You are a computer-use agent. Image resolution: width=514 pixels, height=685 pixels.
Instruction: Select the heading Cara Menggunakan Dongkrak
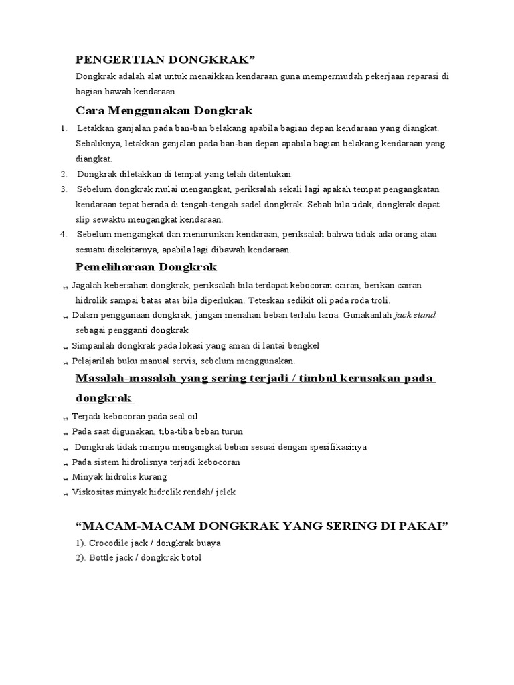tap(164, 110)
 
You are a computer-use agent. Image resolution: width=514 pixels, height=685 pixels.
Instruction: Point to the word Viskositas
tap(94, 492)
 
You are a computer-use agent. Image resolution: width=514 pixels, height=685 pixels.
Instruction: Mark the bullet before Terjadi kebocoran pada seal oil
tap(66, 417)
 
